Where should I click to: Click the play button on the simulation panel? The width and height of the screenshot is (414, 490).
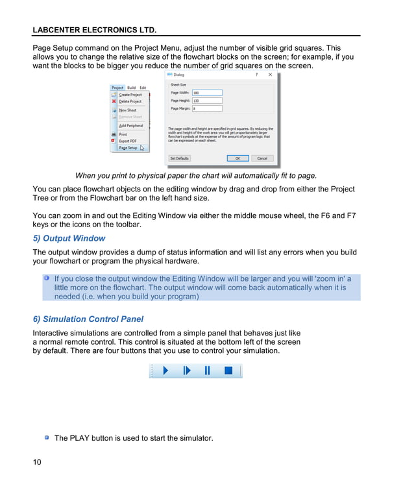(165, 371)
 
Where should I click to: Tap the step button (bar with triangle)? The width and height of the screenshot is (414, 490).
(187, 371)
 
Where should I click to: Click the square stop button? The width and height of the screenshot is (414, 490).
(228, 371)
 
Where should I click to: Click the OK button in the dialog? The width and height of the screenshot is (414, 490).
(237, 158)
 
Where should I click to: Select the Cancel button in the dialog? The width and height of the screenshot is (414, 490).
(262, 158)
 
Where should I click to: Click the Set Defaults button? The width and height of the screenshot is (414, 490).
(180, 158)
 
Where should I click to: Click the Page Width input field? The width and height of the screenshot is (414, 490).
(206, 93)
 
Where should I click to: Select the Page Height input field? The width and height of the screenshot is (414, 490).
(206, 101)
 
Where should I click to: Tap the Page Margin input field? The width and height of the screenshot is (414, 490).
(206, 108)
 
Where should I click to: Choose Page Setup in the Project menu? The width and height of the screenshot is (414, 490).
(128, 148)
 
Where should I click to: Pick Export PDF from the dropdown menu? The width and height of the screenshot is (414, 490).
(127, 141)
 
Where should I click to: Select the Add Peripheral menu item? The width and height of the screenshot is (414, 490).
(130, 126)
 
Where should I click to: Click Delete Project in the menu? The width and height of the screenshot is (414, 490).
(130, 101)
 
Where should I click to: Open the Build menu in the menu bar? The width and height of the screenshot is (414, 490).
(132, 88)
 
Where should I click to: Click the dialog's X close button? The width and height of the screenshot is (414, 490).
(271, 75)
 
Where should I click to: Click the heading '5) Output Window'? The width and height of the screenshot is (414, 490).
(69, 238)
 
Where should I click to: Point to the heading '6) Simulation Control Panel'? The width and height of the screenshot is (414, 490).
(88, 319)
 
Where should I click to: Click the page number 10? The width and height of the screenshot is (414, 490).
(37, 462)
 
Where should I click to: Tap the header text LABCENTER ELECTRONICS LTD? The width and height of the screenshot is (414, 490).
(95, 30)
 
